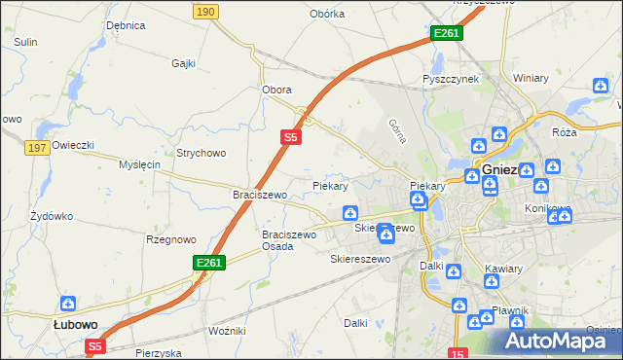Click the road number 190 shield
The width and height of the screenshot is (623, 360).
click(x=204, y=11)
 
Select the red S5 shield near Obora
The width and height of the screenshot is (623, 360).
click(x=290, y=138)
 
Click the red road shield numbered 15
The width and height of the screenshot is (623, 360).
click(x=458, y=352)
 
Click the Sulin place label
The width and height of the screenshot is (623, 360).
click(x=25, y=43)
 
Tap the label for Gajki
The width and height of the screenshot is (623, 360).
click(x=184, y=63)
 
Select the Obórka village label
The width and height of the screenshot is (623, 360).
click(x=327, y=14)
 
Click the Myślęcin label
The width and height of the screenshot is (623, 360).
click(x=138, y=164)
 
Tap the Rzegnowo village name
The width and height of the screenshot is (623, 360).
click(x=170, y=239)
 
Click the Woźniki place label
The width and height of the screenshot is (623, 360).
click(x=227, y=332)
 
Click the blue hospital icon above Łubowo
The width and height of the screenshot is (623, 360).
click(x=68, y=304)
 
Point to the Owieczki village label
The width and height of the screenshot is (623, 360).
click(x=73, y=145)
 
